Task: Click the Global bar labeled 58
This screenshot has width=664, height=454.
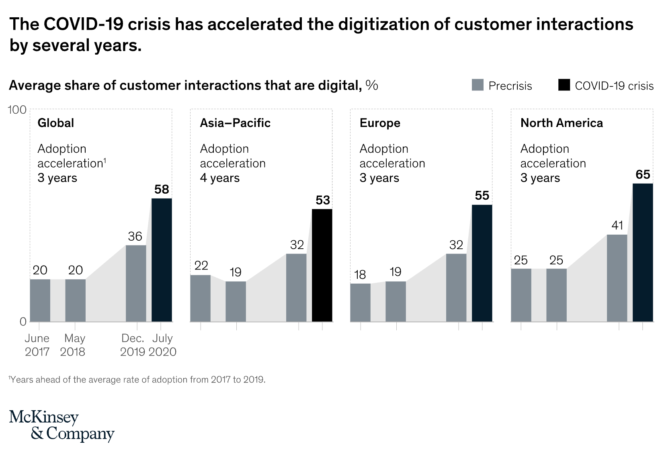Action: [x=162, y=260]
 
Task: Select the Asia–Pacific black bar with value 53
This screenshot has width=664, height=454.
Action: [x=322, y=265]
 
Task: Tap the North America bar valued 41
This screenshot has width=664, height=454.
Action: [x=617, y=278]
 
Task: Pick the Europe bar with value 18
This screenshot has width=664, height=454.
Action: [x=360, y=302]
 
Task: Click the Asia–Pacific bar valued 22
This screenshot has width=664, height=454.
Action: [x=200, y=298]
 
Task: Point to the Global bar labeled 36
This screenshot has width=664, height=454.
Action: [x=136, y=283]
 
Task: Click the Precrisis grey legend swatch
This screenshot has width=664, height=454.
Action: [x=478, y=86]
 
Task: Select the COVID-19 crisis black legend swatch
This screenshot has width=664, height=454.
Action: [x=564, y=86]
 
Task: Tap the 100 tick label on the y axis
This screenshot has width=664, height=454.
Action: [x=17, y=110]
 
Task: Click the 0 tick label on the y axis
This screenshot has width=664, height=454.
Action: [x=23, y=321]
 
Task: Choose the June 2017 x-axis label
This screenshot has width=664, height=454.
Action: [x=37, y=345]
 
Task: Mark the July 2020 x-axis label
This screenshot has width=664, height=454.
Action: [x=162, y=345]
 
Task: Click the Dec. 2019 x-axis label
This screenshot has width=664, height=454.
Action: [x=133, y=345]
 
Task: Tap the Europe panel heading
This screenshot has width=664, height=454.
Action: [x=380, y=123]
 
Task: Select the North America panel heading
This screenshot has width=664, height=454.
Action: [x=562, y=123]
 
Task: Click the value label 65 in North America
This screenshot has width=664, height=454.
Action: [x=643, y=174]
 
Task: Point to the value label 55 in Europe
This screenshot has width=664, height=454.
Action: [x=482, y=196]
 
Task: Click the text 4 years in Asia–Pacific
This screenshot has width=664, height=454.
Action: [x=220, y=178]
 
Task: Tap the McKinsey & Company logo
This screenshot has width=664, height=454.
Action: [x=61, y=426]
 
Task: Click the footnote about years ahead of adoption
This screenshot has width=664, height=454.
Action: [x=137, y=380]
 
